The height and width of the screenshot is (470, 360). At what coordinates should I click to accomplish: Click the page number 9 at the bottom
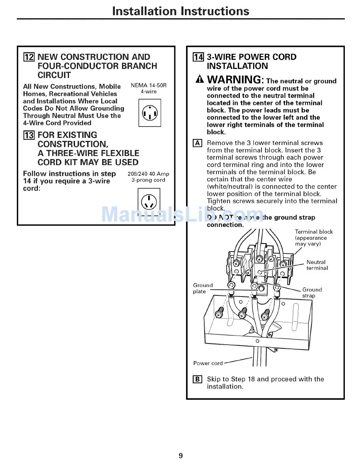[x=180, y=456]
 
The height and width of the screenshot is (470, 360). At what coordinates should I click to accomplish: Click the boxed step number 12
[x=29, y=57]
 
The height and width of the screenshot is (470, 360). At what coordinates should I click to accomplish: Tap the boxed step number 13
[x=29, y=135]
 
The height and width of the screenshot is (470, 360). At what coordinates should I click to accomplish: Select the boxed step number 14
[x=198, y=57]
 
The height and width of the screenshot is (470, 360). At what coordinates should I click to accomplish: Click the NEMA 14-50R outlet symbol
[x=150, y=113]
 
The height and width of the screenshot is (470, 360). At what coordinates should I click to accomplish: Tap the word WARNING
[x=235, y=80]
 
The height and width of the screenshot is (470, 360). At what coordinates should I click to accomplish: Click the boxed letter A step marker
[x=197, y=143]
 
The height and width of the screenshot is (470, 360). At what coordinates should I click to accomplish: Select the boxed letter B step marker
[x=197, y=379]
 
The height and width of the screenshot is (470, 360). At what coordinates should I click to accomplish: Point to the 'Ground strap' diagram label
[x=311, y=293]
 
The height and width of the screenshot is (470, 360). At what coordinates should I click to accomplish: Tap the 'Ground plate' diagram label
[x=203, y=288]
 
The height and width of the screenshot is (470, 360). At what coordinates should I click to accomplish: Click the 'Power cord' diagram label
[x=208, y=363]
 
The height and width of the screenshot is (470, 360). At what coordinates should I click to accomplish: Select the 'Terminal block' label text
[x=314, y=232]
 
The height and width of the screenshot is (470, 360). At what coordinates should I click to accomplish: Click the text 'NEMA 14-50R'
[x=149, y=85]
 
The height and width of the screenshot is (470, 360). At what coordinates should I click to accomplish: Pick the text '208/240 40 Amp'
[x=148, y=174]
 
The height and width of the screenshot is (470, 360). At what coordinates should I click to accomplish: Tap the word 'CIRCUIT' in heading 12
[x=54, y=75]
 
